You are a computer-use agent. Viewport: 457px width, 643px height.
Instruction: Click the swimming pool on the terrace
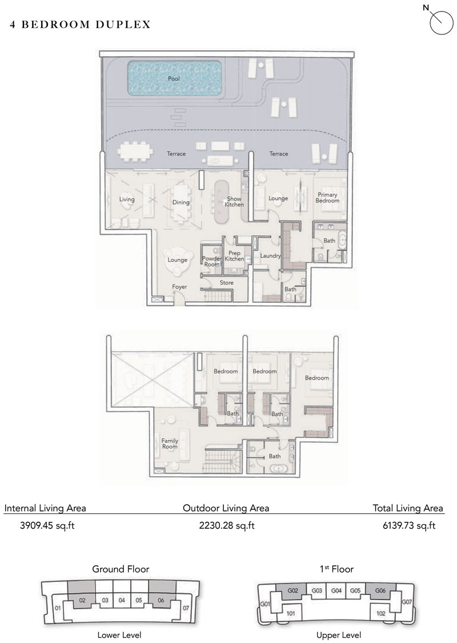175,78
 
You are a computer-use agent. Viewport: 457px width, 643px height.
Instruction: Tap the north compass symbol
440,21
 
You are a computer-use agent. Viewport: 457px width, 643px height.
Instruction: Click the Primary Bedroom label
327,198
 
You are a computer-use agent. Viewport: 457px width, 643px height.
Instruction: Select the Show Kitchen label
234,201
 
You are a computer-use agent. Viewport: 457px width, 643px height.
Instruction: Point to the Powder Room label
212,262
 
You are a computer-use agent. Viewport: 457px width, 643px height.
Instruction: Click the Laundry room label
270,256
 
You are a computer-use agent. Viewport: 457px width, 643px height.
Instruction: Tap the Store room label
227,282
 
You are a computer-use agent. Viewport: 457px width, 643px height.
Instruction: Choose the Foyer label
179,287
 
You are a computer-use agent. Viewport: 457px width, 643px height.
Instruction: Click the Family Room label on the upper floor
170,444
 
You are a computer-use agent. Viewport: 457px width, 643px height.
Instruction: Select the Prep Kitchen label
234,256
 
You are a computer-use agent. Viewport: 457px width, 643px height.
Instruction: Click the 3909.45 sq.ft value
47,525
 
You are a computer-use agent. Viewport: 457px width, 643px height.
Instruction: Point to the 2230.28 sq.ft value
227,525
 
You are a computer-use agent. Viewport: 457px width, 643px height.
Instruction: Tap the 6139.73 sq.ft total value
409,525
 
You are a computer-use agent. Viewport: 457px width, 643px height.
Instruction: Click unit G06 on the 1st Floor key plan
380,591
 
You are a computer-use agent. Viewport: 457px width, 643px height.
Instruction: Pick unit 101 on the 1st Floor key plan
291,613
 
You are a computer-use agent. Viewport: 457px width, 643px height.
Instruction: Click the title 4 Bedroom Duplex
81,25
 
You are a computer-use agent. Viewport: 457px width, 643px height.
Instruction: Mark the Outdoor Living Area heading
226,509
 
